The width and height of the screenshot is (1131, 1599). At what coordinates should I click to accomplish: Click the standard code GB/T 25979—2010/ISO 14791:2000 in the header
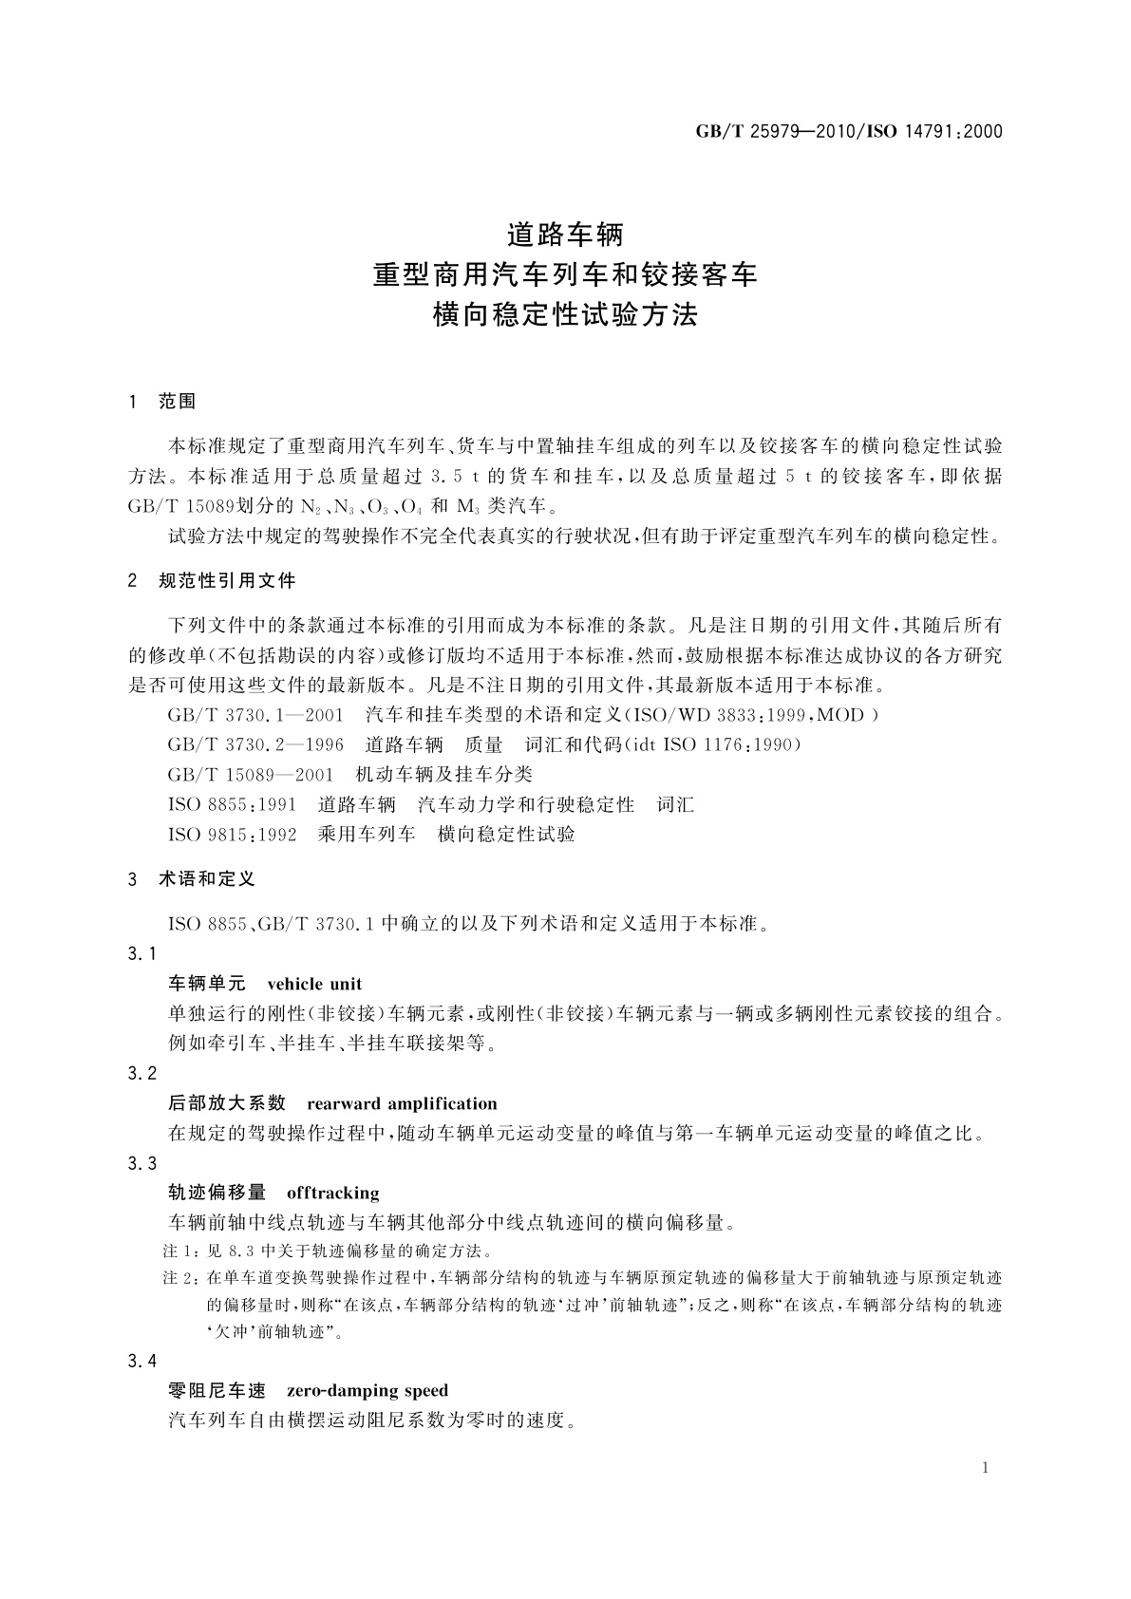tap(849, 132)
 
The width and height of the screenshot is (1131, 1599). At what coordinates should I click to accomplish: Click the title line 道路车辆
tap(564, 233)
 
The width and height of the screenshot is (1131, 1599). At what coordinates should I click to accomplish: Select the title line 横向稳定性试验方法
tap(564, 315)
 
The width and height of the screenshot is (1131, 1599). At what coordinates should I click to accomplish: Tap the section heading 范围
tap(177, 402)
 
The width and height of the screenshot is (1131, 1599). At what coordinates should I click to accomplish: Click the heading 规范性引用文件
tap(227, 580)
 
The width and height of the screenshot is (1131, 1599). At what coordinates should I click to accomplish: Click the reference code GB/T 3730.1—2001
tap(252, 715)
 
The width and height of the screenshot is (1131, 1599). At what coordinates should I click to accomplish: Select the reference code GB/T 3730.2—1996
tap(252, 745)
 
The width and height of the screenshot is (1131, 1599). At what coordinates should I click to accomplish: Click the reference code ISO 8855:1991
tap(233, 805)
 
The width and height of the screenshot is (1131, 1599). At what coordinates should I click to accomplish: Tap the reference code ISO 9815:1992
tap(233, 835)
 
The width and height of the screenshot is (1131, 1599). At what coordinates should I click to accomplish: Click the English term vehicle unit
tap(314, 984)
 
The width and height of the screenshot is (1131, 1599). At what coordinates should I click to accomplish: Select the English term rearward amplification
tap(402, 1103)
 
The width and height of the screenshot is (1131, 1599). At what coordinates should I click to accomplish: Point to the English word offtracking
tap(332, 1193)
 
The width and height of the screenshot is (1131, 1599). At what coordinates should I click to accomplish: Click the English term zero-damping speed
tap(367, 1391)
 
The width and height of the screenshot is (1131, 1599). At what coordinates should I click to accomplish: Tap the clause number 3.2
tap(142, 1074)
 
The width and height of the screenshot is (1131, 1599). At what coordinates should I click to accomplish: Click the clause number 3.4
tap(142, 1362)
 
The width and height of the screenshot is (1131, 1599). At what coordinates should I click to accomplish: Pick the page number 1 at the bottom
tap(985, 1468)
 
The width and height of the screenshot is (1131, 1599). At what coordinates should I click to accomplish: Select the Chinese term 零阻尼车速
tap(217, 1391)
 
